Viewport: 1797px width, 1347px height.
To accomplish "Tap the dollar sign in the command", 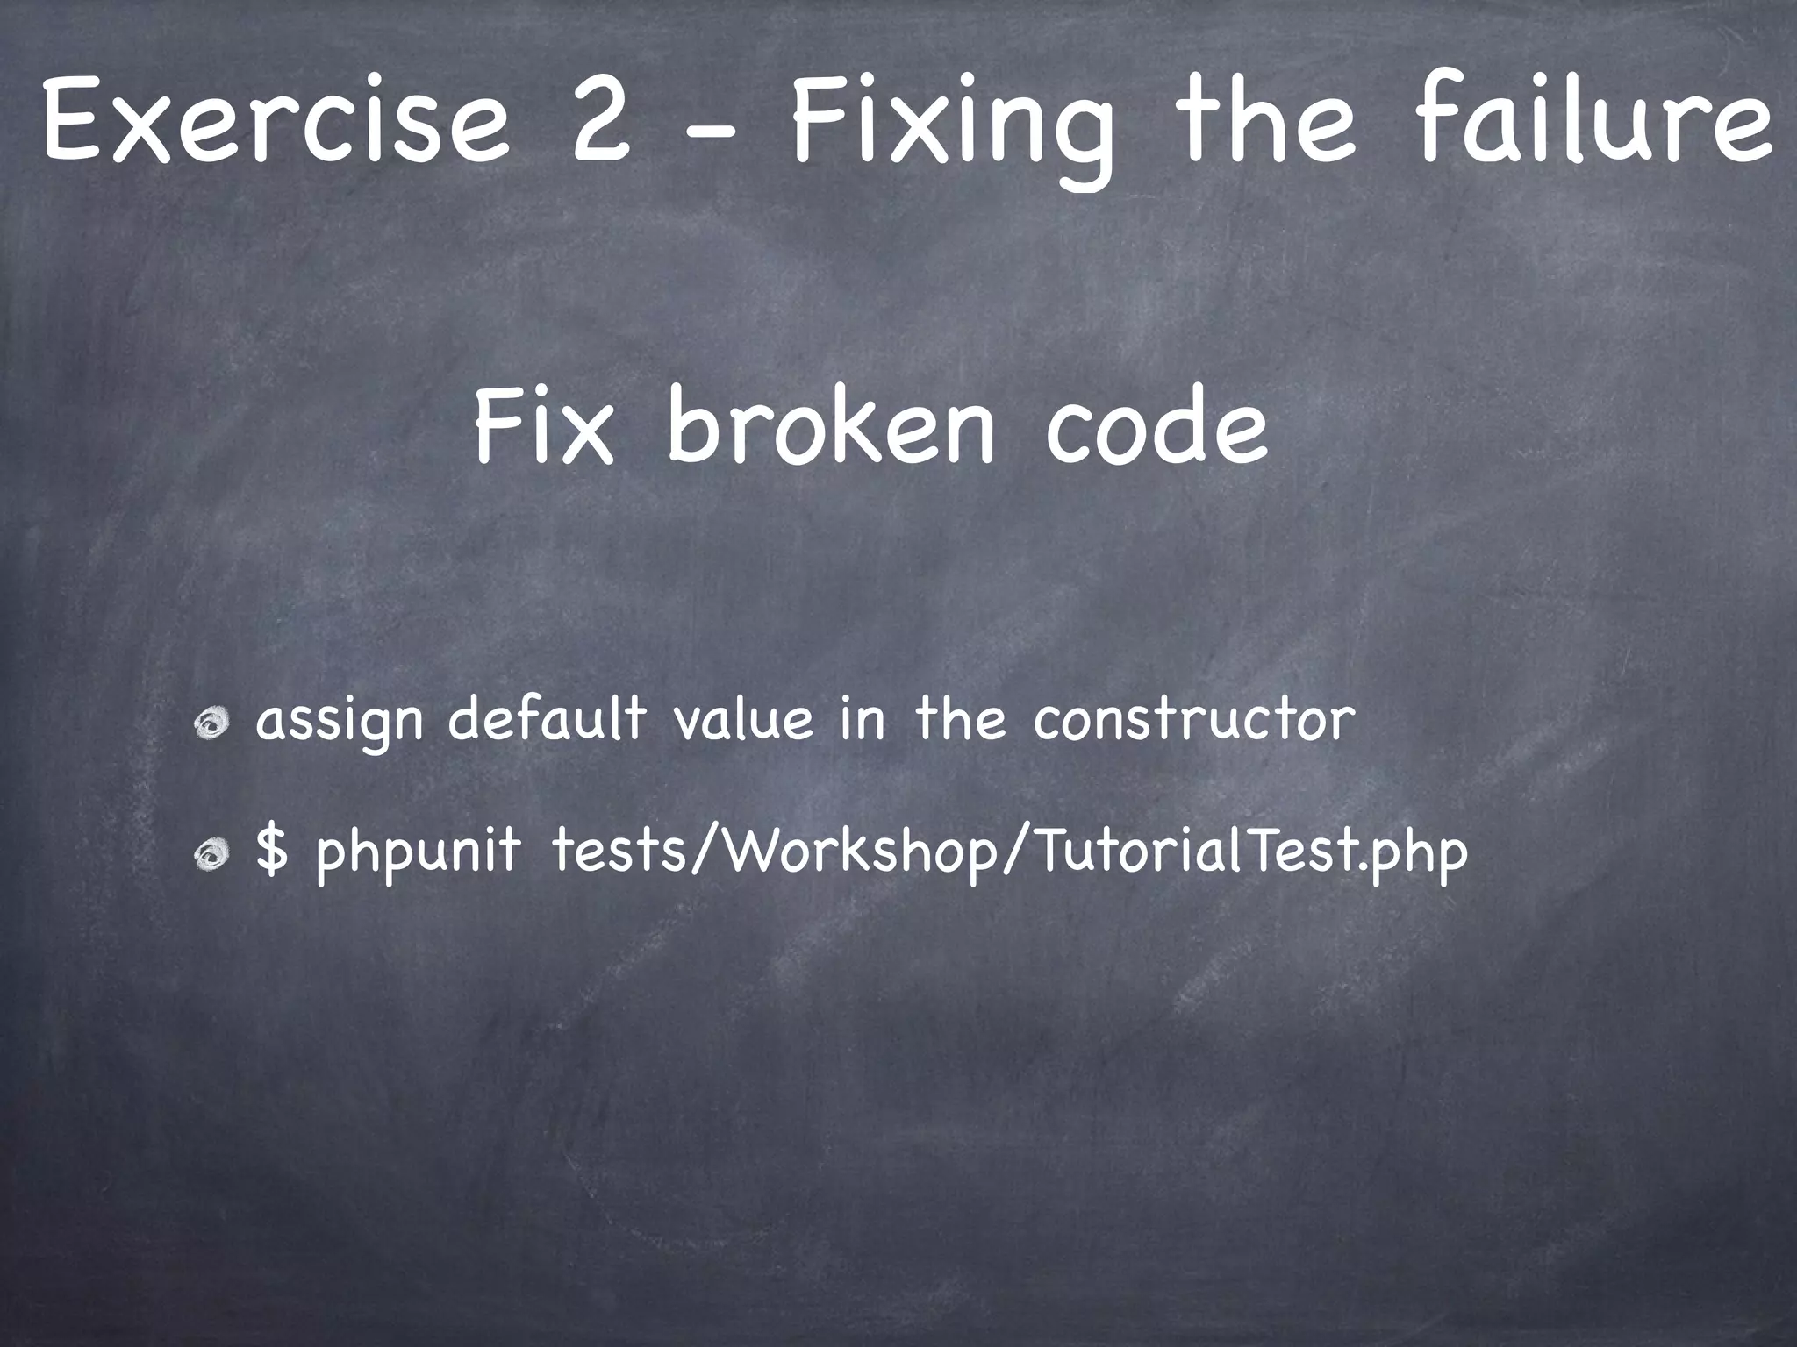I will [271, 850].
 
